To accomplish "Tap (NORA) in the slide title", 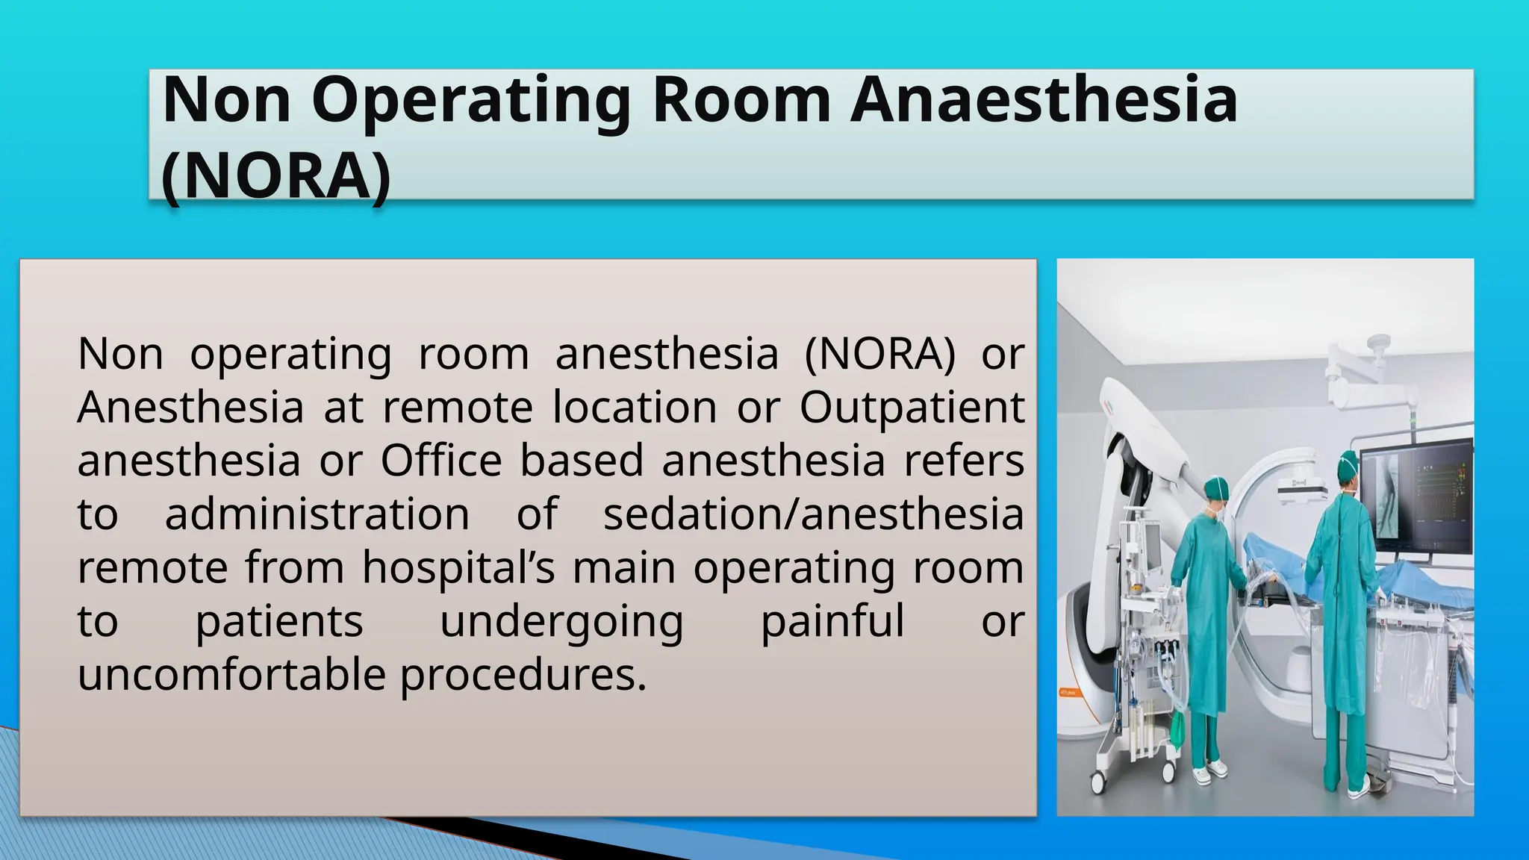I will [275, 176].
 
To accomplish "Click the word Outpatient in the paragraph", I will [912, 407].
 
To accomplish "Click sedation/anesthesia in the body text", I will [813, 514].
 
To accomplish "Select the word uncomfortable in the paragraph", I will [231, 675].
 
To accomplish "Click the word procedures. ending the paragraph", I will [523, 675].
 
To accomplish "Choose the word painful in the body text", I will [832, 621].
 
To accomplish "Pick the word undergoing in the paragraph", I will [561, 621].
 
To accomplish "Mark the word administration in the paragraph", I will [317, 514].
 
